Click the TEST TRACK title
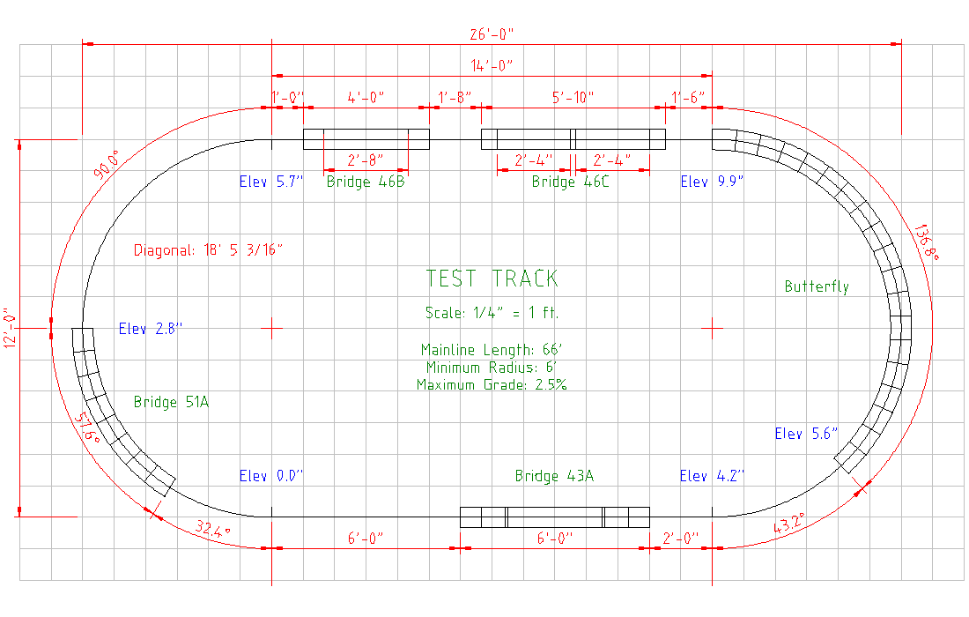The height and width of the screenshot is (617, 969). click(x=492, y=279)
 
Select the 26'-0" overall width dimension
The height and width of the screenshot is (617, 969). click(x=492, y=34)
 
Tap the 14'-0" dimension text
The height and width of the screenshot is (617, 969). click(x=492, y=66)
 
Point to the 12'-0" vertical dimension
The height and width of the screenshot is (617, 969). click(x=10, y=328)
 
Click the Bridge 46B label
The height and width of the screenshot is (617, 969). click(x=365, y=182)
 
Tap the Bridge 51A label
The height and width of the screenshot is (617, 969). click(x=171, y=402)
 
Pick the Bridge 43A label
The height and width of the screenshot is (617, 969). click(x=554, y=476)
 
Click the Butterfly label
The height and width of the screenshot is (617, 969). click(x=817, y=286)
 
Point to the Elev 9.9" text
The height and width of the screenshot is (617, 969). click(x=712, y=182)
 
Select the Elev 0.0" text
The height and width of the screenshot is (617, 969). click(x=271, y=476)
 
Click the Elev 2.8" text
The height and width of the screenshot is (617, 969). click(x=151, y=329)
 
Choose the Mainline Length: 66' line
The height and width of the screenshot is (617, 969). click(x=492, y=350)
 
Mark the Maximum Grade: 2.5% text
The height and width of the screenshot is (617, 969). click(x=492, y=384)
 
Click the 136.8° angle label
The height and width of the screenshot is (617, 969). click(x=927, y=241)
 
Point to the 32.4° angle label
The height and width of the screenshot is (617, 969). click(x=213, y=530)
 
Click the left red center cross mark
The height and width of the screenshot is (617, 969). click(x=271, y=328)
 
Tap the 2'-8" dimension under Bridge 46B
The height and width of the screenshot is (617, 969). click(x=365, y=160)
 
